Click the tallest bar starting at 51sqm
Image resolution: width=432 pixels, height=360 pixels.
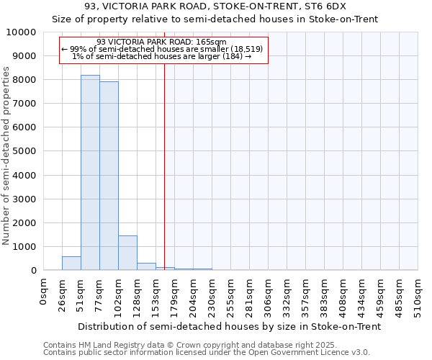click(90, 173)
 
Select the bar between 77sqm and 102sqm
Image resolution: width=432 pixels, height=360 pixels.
click(109, 176)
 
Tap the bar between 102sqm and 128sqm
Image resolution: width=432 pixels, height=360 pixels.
click(127, 253)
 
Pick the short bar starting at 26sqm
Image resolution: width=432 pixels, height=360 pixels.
click(71, 264)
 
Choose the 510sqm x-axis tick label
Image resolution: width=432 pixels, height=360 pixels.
click(418, 294)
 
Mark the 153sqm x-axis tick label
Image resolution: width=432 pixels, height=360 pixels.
click(156, 294)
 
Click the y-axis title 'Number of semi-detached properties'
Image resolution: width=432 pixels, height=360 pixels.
click(7, 155)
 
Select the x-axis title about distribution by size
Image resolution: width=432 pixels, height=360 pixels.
click(229, 326)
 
